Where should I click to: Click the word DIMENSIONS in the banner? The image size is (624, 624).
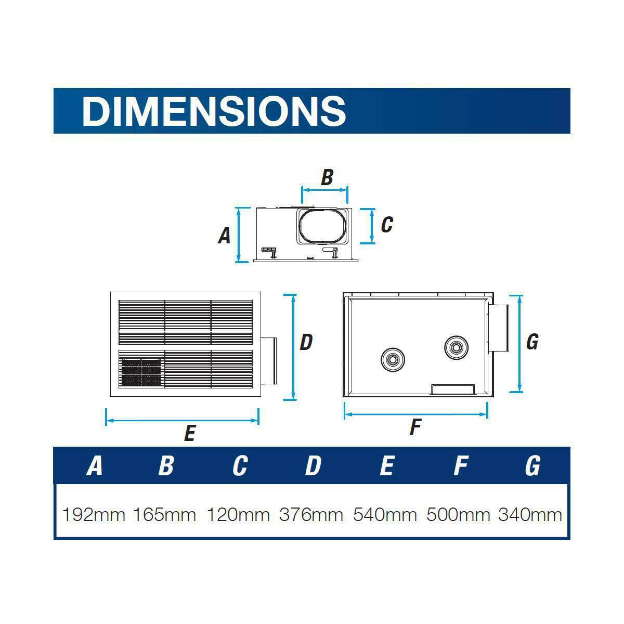click(x=214, y=111)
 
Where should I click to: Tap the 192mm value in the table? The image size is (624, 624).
click(x=94, y=515)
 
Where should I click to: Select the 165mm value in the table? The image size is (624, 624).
click(x=164, y=515)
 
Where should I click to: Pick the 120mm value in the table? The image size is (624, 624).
click(x=238, y=515)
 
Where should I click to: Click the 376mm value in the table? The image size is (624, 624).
click(x=311, y=515)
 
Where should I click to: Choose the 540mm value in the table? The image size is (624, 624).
click(x=385, y=515)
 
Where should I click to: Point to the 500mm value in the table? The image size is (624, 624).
click(x=458, y=515)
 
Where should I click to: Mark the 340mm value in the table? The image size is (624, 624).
click(x=530, y=515)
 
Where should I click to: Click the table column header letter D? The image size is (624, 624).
click(x=313, y=465)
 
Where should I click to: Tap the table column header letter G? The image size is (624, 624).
click(x=532, y=465)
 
